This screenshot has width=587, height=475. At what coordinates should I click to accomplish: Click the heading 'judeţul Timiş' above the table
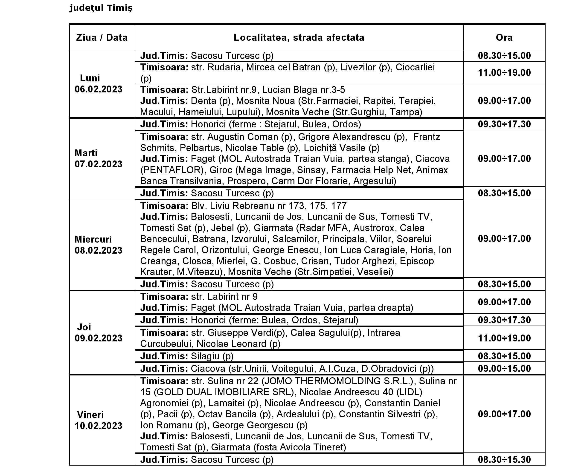click(101, 8)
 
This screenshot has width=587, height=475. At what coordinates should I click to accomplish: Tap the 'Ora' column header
click(504, 37)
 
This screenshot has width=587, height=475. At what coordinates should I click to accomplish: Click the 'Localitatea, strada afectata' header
click(299, 37)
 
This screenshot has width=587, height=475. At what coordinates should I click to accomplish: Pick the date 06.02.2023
click(98, 89)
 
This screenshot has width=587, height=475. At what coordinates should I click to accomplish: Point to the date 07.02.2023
click(98, 164)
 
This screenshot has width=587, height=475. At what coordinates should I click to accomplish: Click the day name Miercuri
click(93, 239)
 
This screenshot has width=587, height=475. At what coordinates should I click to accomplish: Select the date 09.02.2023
click(98, 338)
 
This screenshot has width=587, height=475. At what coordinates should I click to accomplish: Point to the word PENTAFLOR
click(172, 170)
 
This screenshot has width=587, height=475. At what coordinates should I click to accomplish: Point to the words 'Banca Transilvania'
click(181, 181)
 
